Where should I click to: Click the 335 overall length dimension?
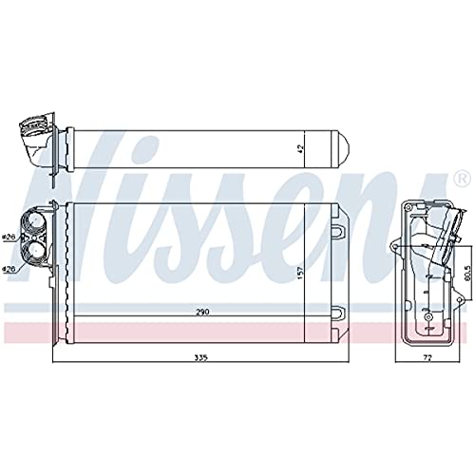tap(199, 358)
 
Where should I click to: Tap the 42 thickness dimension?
tap(301, 149)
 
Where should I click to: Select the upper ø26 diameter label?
tap(9, 210)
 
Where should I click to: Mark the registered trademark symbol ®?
tap(461, 177)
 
